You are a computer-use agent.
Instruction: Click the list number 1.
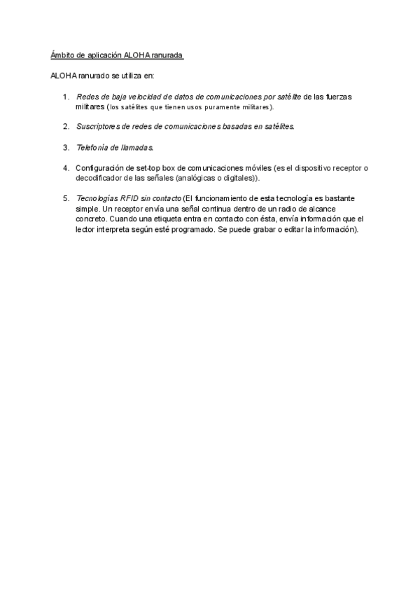pyautogui.click(x=65, y=96)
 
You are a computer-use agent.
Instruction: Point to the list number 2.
pyautogui.click(x=65, y=126)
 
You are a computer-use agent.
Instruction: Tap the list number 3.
pyautogui.click(x=65, y=147)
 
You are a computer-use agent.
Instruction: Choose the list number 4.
pyautogui.click(x=65, y=168)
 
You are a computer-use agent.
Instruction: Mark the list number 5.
pyautogui.click(x=65, y=198)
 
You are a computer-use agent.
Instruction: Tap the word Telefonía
pyautogui.click(x=94, y=147)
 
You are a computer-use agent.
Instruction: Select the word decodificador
pyautogui.click(x=103, y=178)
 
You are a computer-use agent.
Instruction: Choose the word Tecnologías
pyautogui.click(x=95, y=198)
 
